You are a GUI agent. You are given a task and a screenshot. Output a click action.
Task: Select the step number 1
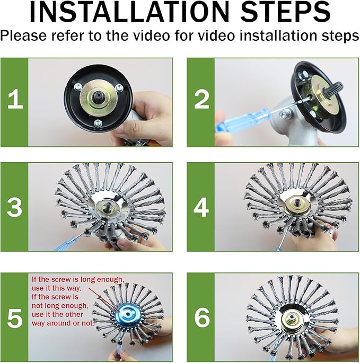14,100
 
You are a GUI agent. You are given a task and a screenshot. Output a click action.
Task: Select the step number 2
202,100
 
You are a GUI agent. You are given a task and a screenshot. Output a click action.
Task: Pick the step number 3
14,208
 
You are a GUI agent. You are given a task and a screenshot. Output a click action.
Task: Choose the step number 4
202,208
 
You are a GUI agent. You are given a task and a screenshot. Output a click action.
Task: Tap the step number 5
14,317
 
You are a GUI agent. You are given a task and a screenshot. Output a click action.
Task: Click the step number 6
202,317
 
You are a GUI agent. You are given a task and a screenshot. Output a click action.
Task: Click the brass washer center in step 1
99,100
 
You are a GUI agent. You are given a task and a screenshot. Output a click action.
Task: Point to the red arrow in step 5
101,298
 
